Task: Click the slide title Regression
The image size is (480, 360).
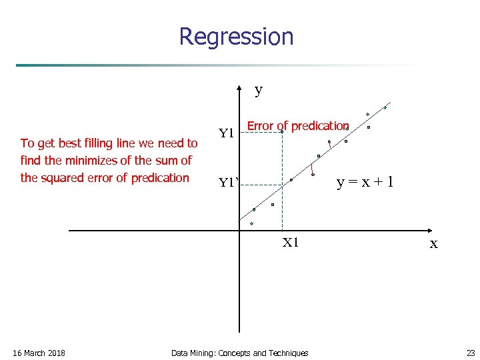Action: point(236,37)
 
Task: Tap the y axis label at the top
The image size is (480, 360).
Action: point(259,89)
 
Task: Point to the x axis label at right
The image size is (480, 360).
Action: point(434,244)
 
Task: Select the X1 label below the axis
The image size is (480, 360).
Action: point(291,243)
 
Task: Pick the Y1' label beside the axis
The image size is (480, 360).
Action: point(229,183)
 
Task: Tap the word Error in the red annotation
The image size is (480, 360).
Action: point(261,125)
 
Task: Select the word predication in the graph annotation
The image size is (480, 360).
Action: point(319,125)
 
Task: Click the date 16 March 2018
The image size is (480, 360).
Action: point(39,353)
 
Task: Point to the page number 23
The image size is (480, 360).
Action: point(471,353)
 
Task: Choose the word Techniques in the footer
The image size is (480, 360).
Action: point(287,353)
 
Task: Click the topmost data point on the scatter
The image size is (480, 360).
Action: point(385,107)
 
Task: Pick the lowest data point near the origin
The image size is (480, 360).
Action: point(252,223)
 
